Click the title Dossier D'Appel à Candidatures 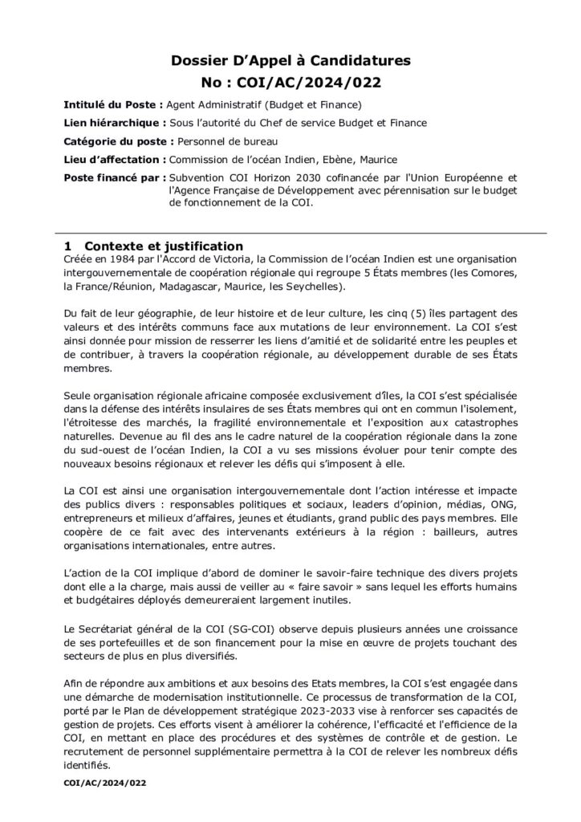[291, 60]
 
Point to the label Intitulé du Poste [113, 105]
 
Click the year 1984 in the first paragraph [121, 259]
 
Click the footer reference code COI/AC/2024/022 [104, 780]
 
